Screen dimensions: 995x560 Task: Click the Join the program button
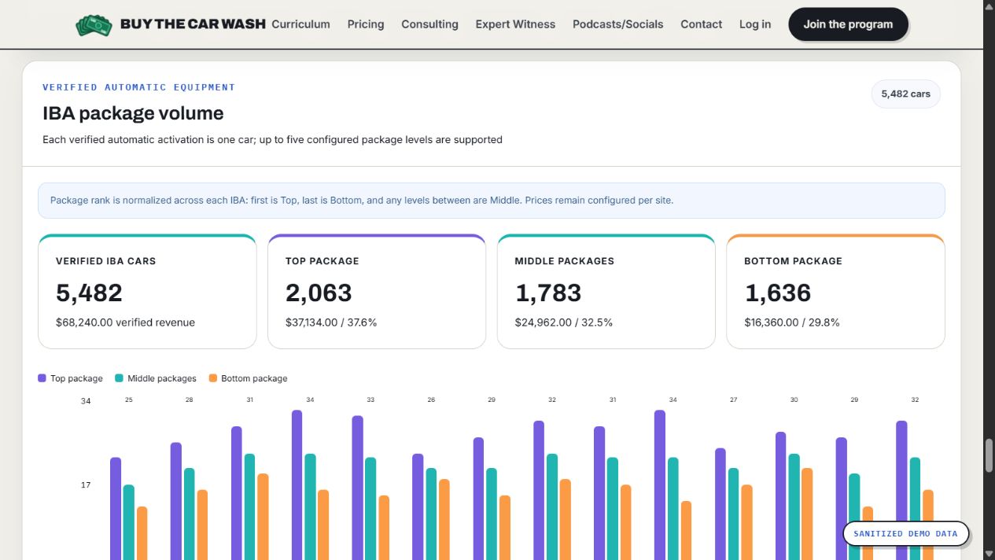[848, 24]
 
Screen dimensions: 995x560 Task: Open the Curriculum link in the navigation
[300, 24]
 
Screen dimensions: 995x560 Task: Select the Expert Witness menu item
[515, 24]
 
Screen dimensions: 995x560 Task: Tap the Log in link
[754, 24]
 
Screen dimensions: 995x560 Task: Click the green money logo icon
[94, 25]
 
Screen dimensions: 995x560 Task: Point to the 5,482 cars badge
[905, 94]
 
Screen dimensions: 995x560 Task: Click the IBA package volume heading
[133, 113]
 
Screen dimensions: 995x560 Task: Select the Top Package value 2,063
[319, 293]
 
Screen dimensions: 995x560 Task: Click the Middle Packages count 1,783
[548, 293]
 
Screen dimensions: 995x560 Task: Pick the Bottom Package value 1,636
[778, 293]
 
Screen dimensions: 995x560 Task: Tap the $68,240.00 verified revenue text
[125, 322]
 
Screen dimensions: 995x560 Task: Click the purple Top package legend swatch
[42, 378]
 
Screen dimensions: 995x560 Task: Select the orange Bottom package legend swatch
[213, 378]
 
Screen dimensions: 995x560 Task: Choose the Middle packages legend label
[162, 378]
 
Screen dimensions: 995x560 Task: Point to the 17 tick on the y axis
[86, 485]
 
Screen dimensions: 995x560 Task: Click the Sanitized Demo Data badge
[905, 533]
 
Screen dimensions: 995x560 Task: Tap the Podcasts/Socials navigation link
[618, 24]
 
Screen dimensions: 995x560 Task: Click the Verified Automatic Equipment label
[138, 87]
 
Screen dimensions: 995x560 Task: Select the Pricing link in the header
[366, 24]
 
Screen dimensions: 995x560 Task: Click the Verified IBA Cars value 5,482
[89, 293]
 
